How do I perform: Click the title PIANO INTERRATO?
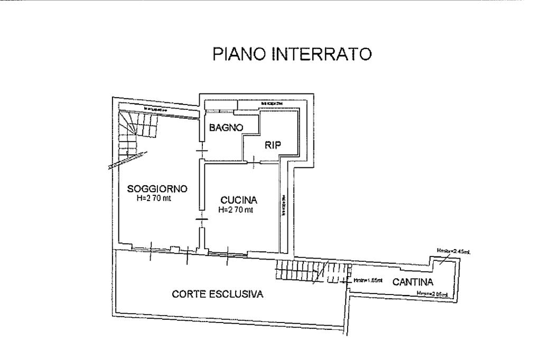tap(292, 54)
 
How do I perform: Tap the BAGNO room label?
tap(226, 127)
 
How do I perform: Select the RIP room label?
tap(273, 146)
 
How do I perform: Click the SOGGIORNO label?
tap(157, 189)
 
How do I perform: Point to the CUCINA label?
tap(239, 200)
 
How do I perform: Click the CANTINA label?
tap(413, 282)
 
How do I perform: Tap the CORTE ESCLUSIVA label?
tap(218, 294)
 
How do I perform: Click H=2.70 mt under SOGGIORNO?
tap(154, 198)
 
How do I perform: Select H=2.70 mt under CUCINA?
tap(236, 210)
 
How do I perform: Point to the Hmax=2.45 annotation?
tap(453, 251)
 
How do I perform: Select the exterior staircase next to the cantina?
tap(312, 271)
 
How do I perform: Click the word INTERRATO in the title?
tap(322, 54)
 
